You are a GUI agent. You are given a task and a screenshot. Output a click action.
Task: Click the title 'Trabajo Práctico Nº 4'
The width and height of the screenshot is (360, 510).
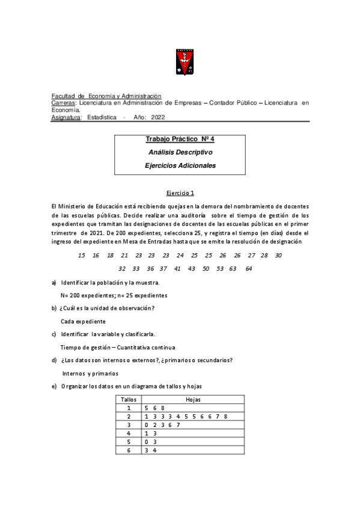coord(180,139)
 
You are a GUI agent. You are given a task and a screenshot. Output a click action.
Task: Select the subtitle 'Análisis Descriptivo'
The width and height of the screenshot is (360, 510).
coord(180,152)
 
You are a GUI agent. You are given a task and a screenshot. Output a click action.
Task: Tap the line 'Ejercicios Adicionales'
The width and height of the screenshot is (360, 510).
coord(180,165)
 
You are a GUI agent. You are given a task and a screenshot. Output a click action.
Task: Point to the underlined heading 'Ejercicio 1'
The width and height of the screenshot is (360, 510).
coord(180,193)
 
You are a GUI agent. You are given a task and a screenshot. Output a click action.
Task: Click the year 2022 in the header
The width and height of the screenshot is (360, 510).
coord(157,117)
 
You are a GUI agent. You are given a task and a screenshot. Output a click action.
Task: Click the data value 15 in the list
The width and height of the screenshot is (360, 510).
coord(81,255)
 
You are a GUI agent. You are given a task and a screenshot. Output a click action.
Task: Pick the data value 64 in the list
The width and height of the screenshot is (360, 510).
coord(249,268)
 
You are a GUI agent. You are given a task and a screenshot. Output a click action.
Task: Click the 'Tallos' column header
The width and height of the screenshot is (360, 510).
coord(129,399)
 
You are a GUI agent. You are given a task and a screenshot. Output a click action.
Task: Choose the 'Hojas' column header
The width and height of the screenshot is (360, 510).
coord(193,399)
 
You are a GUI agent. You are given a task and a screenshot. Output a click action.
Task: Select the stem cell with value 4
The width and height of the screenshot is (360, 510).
coord(129,433)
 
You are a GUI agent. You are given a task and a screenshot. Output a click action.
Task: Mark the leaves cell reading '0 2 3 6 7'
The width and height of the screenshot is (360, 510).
coord(162,425)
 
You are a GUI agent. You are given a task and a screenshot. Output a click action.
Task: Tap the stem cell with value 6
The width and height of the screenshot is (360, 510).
coord(129,450)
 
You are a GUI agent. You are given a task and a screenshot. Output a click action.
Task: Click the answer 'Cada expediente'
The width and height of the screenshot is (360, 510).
coord(83,321)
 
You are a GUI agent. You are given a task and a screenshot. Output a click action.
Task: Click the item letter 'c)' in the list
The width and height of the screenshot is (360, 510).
coord(54,334)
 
